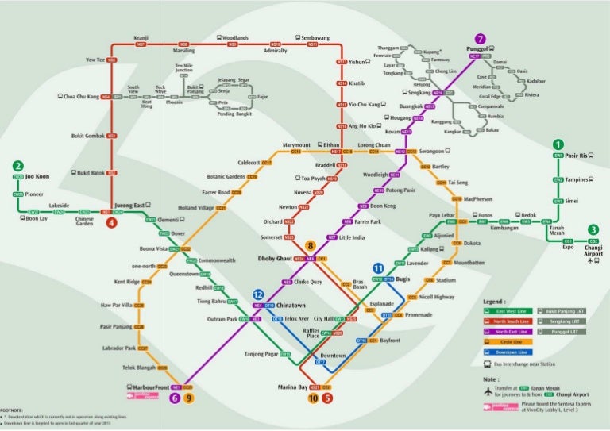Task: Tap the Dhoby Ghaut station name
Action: [x=273, y=259]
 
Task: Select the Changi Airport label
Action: [x=593, y=251]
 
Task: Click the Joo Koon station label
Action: [x=37, y=176]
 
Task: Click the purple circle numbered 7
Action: [x=479, y=39]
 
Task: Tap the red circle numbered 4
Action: [x=112, y=223]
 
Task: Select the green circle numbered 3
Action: [x=593, y=230]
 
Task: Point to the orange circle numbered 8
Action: [x=311, y=246]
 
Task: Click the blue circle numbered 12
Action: [x=258, y=294]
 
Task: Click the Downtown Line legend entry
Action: [x=512, y=352]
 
